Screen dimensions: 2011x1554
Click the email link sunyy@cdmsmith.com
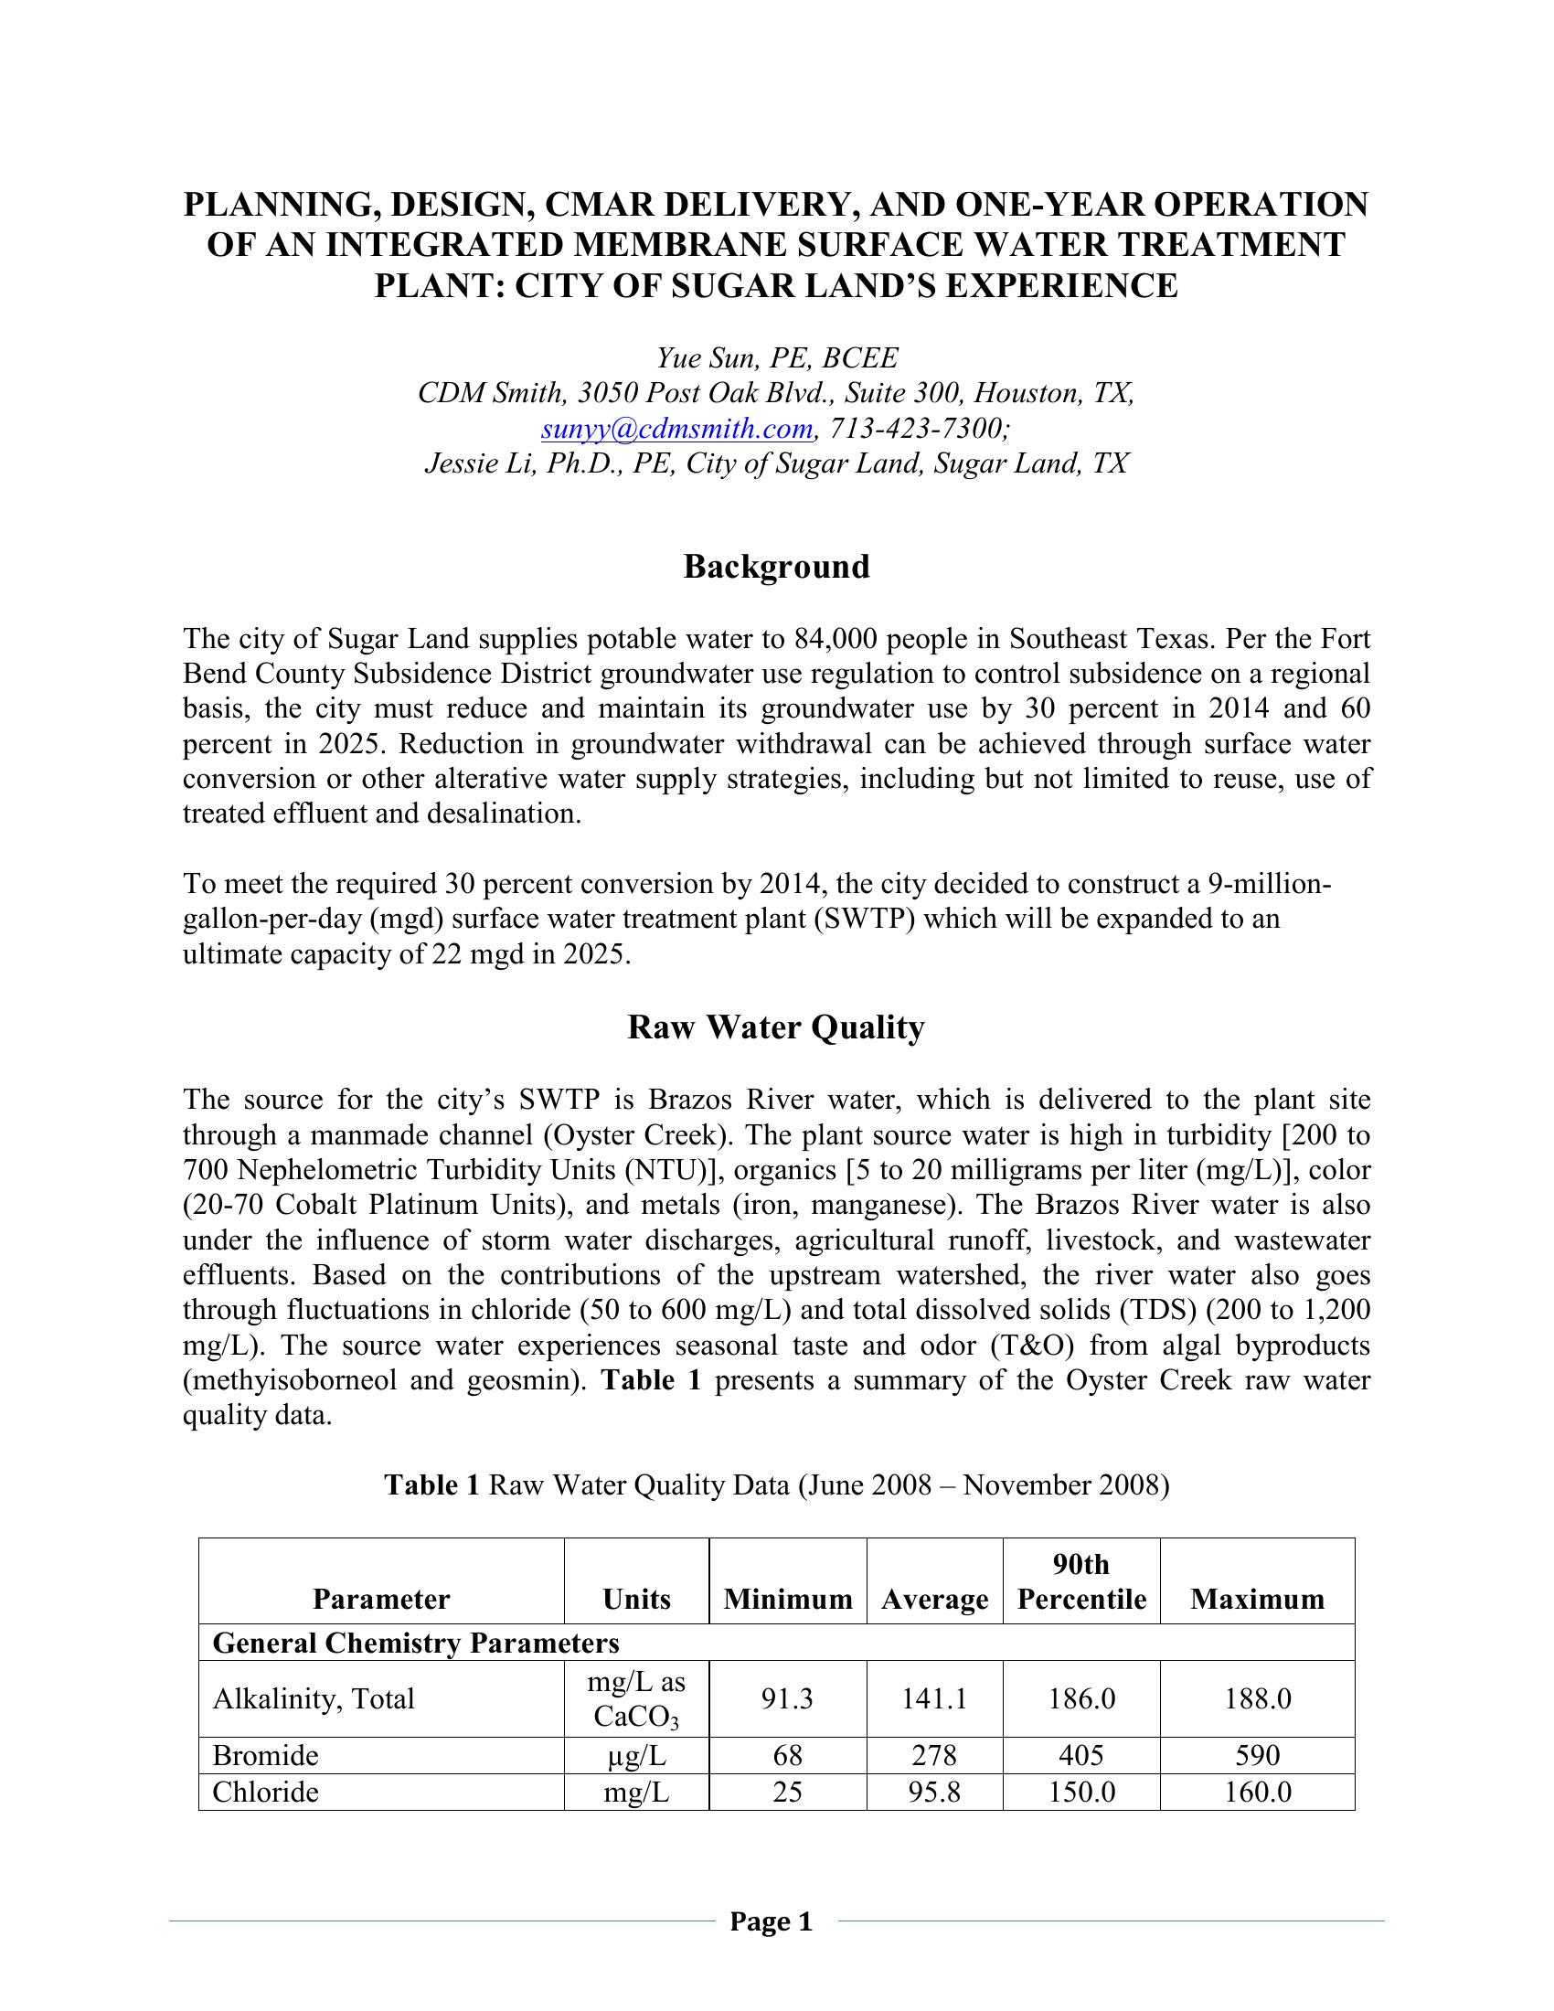676,428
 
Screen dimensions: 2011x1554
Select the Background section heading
776,567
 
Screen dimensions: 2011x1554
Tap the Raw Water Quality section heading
776,1027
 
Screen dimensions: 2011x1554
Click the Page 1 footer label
772,1921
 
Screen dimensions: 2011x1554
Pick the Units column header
636,1599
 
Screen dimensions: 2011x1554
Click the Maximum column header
1257,1599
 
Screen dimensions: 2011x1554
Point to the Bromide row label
265,1756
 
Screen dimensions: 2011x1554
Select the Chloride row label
265,1792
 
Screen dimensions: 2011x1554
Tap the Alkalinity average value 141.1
934,1698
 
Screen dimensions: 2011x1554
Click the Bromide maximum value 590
1257,1756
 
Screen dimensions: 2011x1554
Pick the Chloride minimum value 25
787,1792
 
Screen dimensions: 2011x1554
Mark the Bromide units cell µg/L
636,1756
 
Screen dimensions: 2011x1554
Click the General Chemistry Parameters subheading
415,1643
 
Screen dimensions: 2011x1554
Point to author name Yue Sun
699,358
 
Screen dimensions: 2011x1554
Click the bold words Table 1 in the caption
431,1485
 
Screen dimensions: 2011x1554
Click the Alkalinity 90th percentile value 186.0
1081,1698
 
